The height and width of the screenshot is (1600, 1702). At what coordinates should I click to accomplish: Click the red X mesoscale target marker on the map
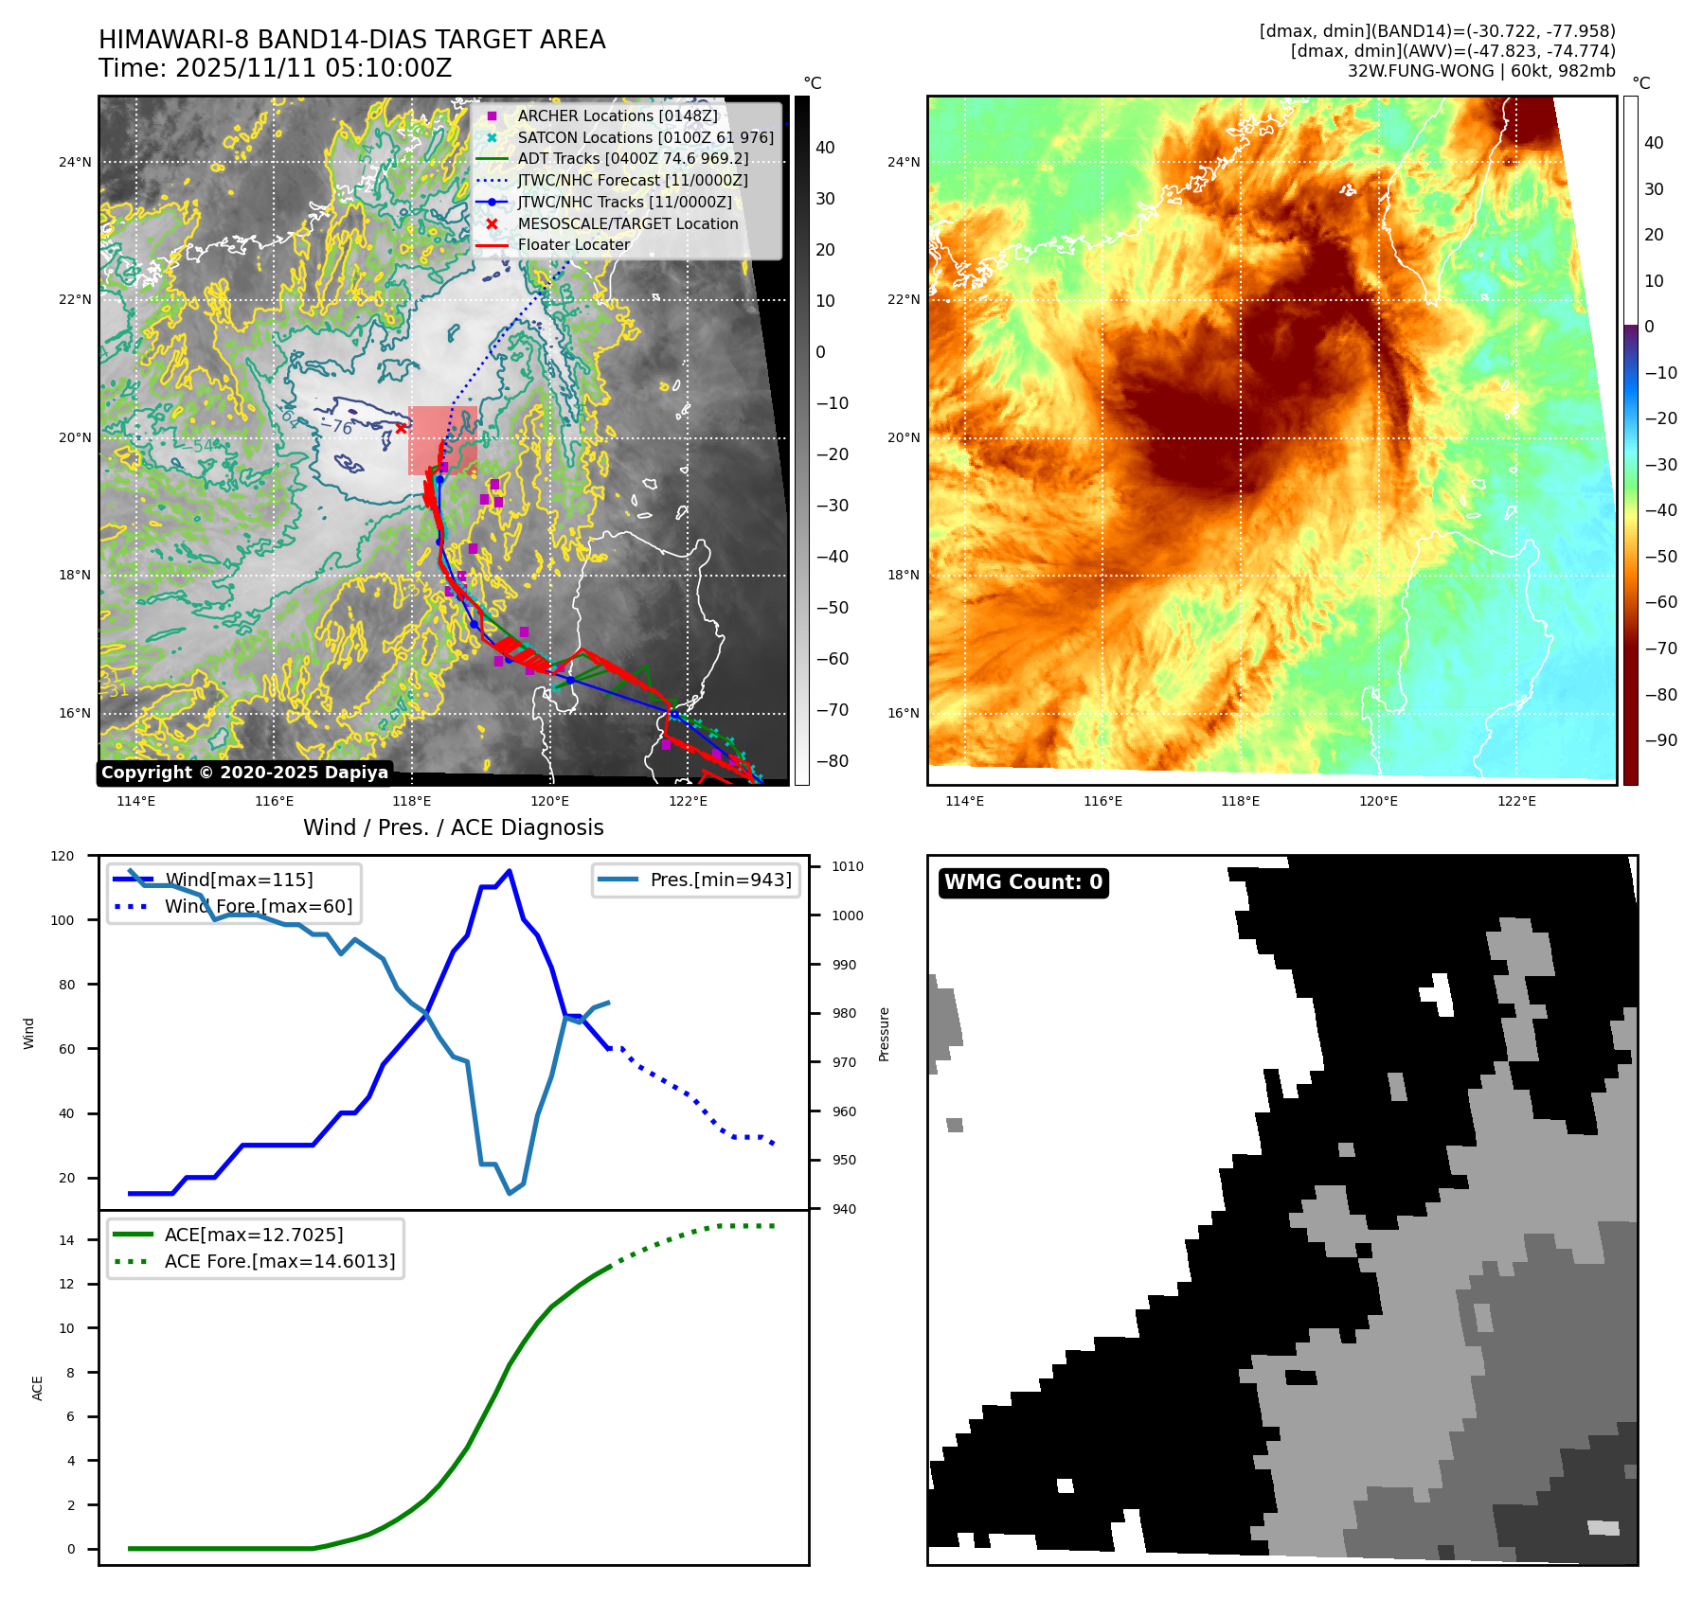point(402,428)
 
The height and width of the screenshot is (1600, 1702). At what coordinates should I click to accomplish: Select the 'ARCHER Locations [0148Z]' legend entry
point(618,116)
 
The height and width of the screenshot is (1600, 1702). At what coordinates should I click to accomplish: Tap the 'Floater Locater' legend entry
point(573,244)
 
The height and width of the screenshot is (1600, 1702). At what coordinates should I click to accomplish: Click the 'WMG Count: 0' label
point(1023,882)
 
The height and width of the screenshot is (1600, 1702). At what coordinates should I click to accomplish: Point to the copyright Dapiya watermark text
point(244,773)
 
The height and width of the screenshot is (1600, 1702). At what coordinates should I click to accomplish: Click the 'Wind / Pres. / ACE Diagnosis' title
point(453,827)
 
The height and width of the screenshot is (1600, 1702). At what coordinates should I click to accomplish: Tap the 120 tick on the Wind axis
point(63,856)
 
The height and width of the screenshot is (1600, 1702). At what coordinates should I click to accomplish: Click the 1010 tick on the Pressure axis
point(848,866)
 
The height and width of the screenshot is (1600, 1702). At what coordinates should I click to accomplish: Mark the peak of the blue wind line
point(510,870)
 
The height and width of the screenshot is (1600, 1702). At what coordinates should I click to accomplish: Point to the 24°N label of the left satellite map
point(76,162)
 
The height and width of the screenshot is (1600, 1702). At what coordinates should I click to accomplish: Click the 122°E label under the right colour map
point(1516,801)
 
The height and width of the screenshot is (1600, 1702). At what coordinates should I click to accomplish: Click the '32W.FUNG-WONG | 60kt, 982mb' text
point(1481,71)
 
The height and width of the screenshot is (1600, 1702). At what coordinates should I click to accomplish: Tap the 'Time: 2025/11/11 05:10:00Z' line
point(276,68)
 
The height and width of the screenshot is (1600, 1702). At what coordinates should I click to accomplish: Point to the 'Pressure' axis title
point(884,1034)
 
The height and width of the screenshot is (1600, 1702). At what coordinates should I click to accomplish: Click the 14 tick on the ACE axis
point(67,1240)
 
